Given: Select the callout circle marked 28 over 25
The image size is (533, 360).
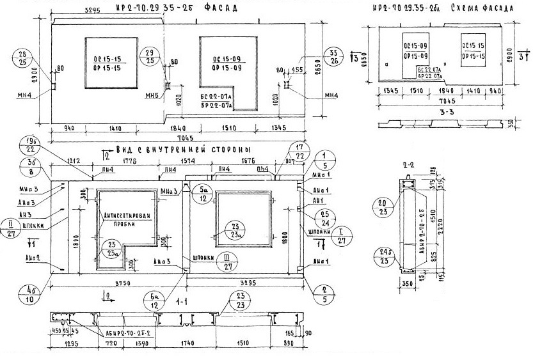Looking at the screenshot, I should click(26, 57).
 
